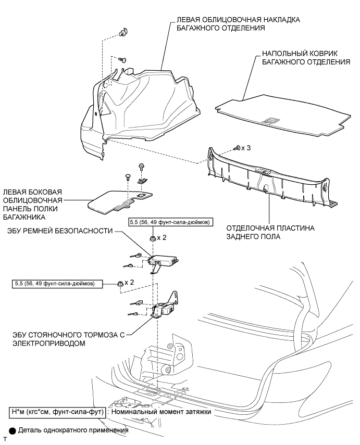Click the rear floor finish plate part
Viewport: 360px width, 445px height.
[271, 174]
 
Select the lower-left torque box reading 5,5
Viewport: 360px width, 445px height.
[57, 284]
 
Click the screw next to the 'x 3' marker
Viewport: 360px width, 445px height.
[238, 148]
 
